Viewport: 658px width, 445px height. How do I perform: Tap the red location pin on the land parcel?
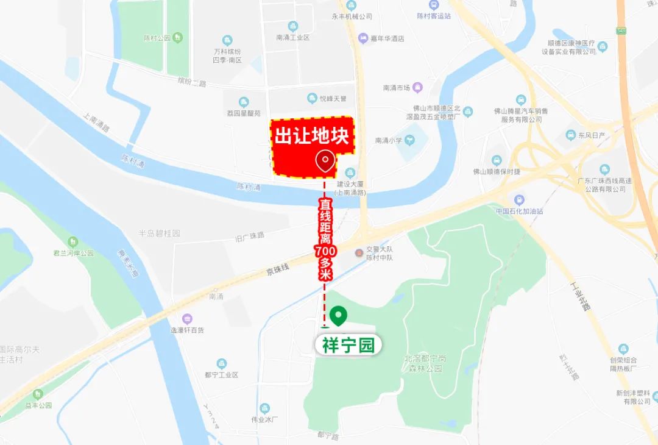pos(325,161)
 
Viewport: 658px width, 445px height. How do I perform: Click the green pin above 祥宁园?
pos(338,315)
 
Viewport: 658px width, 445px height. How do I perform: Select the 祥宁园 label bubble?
pos(348,345)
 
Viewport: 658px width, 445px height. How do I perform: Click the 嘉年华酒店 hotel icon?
pos(364,38)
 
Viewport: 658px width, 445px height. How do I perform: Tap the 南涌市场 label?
pos(398,88)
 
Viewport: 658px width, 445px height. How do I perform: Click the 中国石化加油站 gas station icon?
pos(519,199)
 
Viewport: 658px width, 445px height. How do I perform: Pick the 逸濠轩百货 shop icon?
pos(187,319)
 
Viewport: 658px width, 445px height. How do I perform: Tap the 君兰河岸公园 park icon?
pos(73,242)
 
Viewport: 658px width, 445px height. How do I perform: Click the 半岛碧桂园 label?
pos(160,233)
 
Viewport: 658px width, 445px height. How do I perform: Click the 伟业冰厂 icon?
pos(264,408)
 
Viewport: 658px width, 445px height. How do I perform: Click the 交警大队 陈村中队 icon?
pos(359,251)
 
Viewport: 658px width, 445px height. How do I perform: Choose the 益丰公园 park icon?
pos(38,394)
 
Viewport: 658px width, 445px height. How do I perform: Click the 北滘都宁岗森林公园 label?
pos(424,363)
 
